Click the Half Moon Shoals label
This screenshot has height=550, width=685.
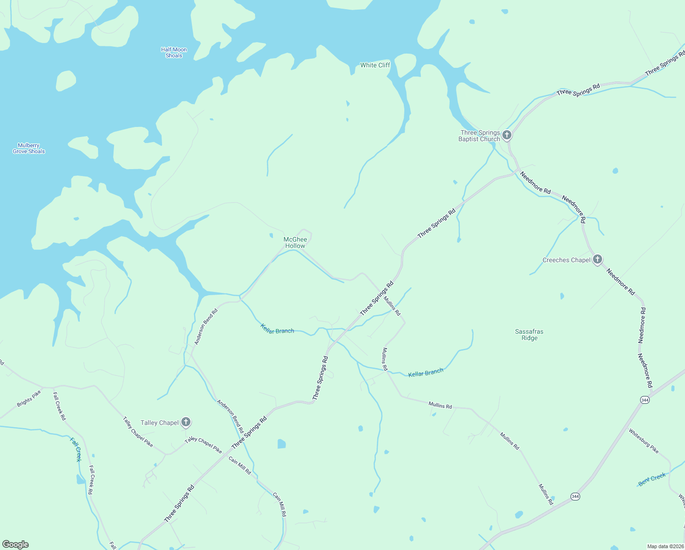click(174, 53)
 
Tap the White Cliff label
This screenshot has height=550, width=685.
click(375, 65)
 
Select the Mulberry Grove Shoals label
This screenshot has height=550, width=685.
click(29, 148)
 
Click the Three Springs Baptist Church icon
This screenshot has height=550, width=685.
click(506, 135)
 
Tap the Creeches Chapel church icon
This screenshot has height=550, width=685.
click(597, 259)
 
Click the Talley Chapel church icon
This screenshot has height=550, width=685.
click(185, 422)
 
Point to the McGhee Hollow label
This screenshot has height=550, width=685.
click(295, 242)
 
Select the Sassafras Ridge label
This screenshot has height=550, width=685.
click(529, 335)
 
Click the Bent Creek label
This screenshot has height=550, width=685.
click(652, 479)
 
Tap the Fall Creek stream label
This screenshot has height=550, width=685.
click(76, 449)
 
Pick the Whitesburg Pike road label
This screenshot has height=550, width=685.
click(643, 441)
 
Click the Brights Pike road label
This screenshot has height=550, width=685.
click(29, 398)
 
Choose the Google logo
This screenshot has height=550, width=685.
click(16, 544)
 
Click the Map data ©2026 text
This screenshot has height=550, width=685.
click(665, 546)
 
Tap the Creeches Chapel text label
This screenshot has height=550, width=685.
click(566, 260)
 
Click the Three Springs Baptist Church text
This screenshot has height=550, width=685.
click(479, 136)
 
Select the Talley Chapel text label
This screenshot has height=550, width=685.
click(159, 423)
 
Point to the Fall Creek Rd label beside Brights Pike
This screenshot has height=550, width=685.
click(59, 406)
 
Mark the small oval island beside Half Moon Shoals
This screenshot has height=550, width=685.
click(65, 81)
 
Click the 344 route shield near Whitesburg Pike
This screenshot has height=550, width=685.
click(645, 400)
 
